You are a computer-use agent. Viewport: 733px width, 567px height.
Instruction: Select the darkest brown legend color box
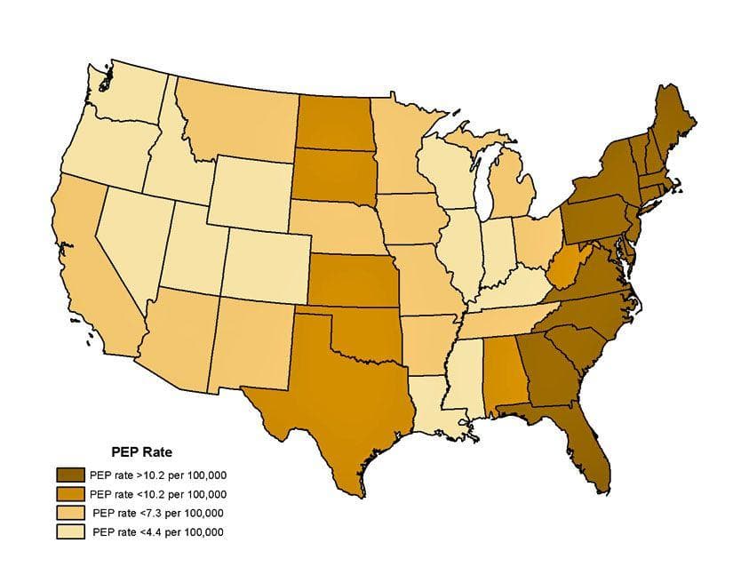click(x=70, y=474)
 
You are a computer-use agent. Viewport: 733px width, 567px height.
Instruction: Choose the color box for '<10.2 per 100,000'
click(x=70, y=493)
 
